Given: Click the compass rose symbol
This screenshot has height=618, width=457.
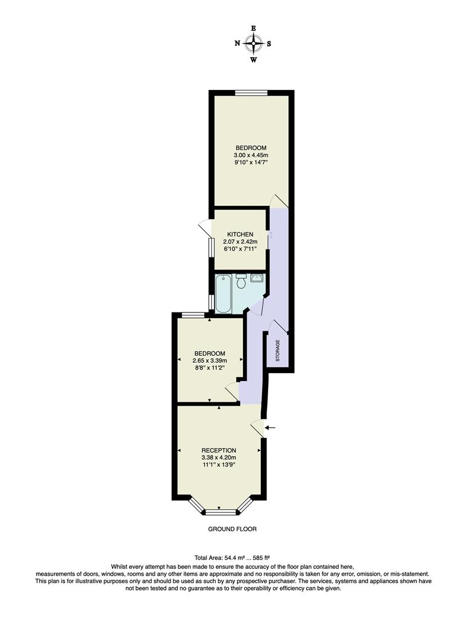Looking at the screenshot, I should (x=253, y=43).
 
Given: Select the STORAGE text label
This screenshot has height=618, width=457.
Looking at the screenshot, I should (x=278, y=351).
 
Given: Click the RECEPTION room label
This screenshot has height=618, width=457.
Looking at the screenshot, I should (x=218, y=450).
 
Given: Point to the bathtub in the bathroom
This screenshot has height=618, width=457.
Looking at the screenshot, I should (x=223, y=294).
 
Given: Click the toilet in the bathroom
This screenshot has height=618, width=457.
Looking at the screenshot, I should (x=241, y=283).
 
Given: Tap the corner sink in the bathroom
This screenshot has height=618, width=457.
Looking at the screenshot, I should (x=258, y=279).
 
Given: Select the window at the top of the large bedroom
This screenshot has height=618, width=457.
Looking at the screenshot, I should (x=252, y=92).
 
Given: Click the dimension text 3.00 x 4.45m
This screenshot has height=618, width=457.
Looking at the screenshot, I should (x=251, y=155).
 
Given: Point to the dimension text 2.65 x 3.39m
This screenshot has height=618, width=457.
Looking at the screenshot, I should (x=210, y=360).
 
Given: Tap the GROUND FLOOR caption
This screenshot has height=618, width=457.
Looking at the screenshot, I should (x=232, y=529).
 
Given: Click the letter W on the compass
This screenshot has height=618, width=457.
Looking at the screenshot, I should (x=253, y=60).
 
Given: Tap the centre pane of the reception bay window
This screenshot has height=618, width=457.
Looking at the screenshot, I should (x=219, y=510).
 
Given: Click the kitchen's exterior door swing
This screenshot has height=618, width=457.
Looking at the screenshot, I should (x=204, y=227).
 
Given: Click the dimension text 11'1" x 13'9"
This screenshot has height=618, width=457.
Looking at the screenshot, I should (x=218, y=465).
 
